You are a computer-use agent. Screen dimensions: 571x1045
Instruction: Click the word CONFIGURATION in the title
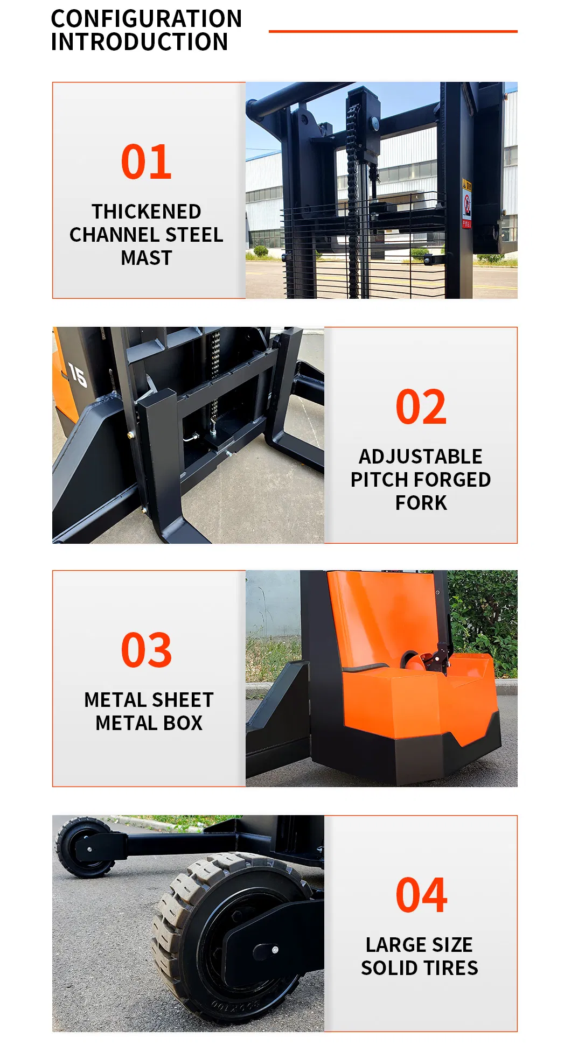click(x=147, y=19)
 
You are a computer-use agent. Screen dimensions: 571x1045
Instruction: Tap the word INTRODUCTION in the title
click(x=140, y=42)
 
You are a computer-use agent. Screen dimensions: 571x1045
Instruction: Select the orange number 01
click(x=147, y=162)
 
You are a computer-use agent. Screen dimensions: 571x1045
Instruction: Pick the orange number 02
click(x=421, y=407)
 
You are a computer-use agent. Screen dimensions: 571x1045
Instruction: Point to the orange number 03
click(x=147, y=650)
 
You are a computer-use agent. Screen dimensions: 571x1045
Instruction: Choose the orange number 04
click(x=421, y=895)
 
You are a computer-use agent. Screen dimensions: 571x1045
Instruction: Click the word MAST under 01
click(x=147, y=258)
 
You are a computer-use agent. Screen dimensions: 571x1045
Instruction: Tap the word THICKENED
click(x=147, y=212)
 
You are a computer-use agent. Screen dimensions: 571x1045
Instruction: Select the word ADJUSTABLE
click(x=421, y=457)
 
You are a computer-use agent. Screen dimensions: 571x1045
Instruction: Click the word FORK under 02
click(x=421, y=503)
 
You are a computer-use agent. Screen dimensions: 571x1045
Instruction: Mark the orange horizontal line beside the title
click(x=393, y=31)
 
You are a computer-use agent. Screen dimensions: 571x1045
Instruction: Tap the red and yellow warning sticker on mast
click(x=466, y=204)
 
